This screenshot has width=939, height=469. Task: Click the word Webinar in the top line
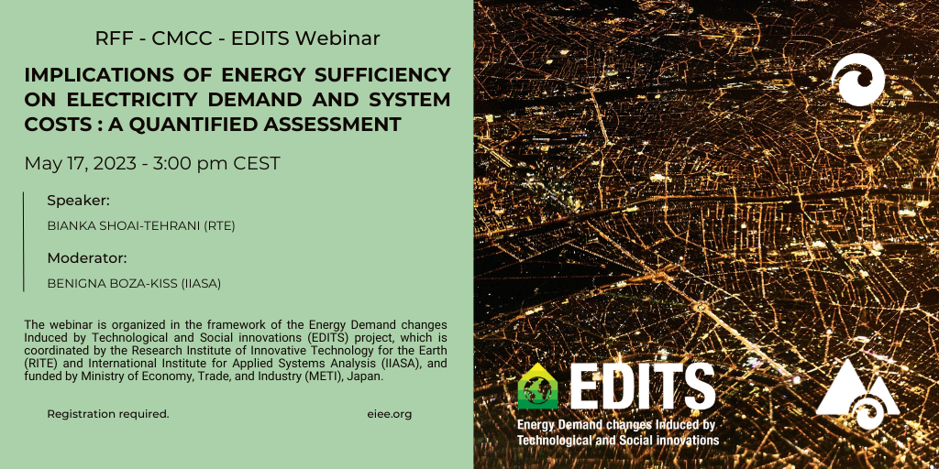click(x=337, y=38)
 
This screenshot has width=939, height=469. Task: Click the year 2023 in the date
click(x=115, y=163)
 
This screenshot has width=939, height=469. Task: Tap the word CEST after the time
click(x=257, y=163)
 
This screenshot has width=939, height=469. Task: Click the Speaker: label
click(x=79, y=202)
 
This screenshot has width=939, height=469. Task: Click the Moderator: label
click(x=87, y=258)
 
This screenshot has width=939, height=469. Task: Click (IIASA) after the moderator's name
click(x=201, y=284)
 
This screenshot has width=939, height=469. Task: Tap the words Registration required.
click(x=108, y=414)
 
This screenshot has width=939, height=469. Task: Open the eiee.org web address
click(x=389, y=414)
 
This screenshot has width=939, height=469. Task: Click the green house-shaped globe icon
click(x=537, y=387)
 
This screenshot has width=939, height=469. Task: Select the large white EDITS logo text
click(x=643, y=386)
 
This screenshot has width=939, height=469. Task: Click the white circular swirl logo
click(x=857, y=80)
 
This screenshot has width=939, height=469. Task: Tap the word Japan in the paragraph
click(x=366, y=378)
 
